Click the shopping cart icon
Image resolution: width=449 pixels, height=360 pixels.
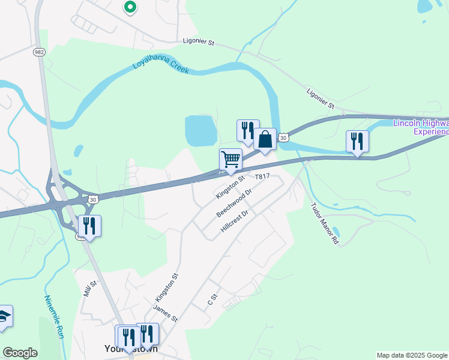[x=231, y=160]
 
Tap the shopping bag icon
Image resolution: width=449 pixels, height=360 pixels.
[x=264, y=139]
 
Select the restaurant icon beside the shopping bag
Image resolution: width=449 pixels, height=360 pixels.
[x=247, y=130]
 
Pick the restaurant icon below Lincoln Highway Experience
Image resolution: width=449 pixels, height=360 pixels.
[x=357, y=142]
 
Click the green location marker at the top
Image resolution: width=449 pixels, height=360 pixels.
[x=130, y=7]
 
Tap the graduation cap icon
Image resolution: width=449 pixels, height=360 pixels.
[x=5, y=317]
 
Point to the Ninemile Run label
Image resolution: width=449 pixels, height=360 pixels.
[x=54, y=316]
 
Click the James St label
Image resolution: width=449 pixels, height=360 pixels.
[x=165, y=313]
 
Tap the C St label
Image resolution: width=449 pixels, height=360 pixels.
[x=211, y=299]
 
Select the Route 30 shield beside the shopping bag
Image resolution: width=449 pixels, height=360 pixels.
[x=284, y=137]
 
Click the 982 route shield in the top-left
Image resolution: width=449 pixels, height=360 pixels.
[x=40, y=52]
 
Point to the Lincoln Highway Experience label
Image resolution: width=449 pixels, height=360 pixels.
[x=420, y=127]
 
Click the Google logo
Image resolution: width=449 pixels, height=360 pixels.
[x=20, y=353]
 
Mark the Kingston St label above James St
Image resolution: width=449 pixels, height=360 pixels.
[x=167, y=287]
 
